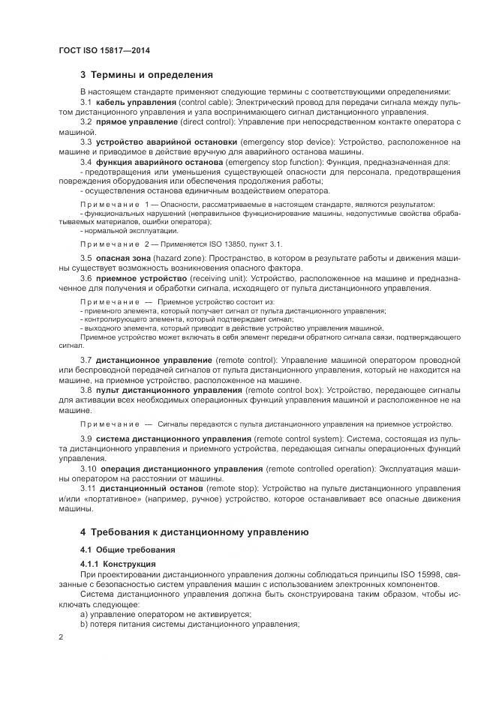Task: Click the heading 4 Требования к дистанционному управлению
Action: pyautogui.click(x=194, y=532)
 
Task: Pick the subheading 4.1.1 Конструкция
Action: pyautogui.click(x=118, y=563)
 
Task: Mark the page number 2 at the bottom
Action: pyautogui.click(x=61, y=636)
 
